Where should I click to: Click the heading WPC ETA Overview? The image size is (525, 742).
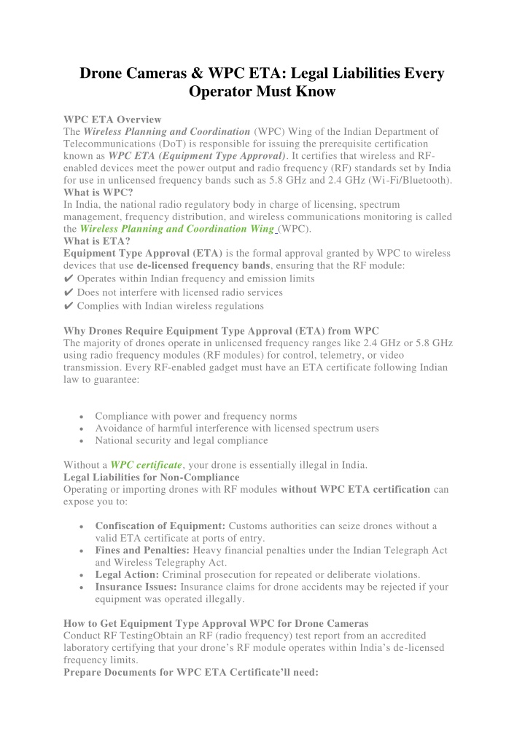tap(112, 119)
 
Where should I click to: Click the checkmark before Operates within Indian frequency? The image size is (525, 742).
tap(69, 278)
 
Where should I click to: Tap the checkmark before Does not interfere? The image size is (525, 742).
tap(69, 292)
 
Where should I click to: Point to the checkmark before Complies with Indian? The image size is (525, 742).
tap(69, 306)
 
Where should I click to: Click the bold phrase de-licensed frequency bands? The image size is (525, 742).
tap(198, 266)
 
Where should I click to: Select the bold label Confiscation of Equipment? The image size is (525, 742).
tap(160, 526)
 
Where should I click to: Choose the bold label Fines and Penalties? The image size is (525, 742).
tap(140, 550)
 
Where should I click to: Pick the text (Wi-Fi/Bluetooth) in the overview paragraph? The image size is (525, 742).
tap(411, 180)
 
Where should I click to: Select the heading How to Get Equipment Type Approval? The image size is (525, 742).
tap(216, 623)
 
